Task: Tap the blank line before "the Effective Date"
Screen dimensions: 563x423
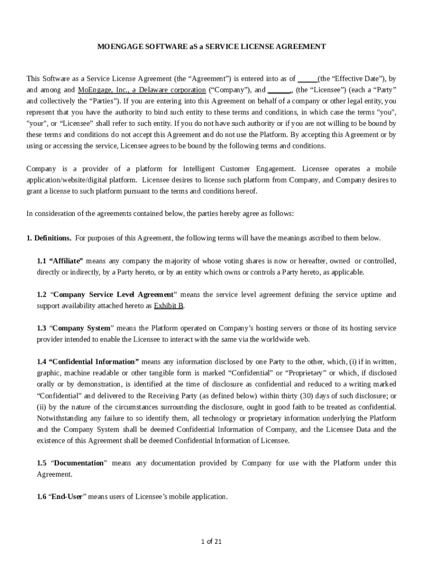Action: pos(307,79)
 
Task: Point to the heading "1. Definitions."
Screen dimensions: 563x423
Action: pos(49,238)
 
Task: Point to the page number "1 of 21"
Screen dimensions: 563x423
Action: pos(211,542)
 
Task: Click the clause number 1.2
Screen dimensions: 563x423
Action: pos(42,295)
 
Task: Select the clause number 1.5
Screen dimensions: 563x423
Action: pos(42,463)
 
